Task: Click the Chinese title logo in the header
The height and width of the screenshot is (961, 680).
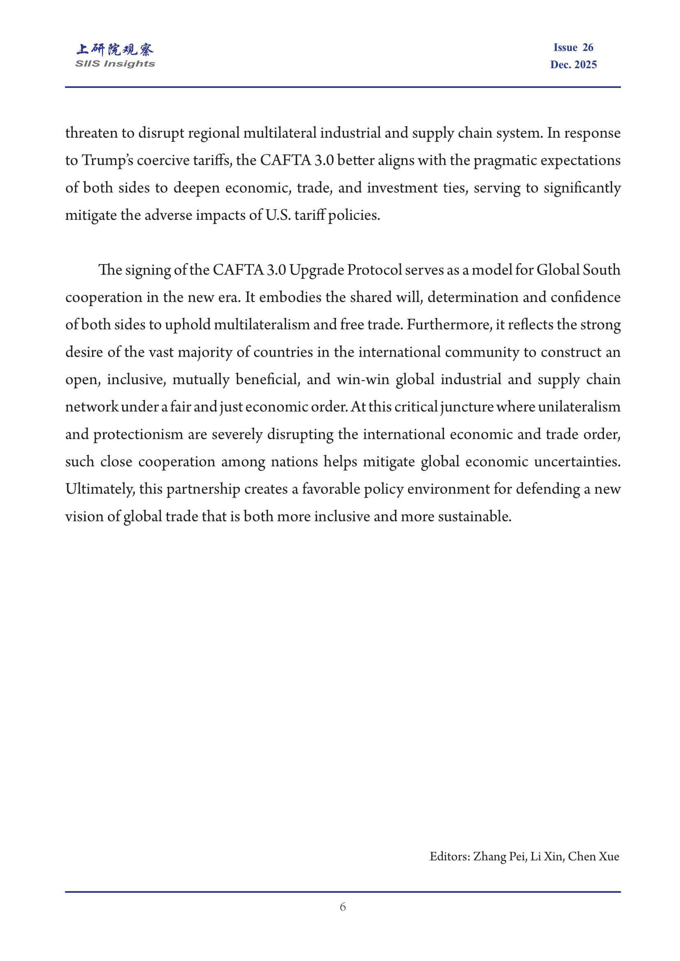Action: pyautogui.click(x=115, y=49)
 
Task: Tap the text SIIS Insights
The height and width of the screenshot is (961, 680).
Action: pyautogui.click(x=115, y=64)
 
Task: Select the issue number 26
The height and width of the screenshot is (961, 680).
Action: pyautogui.click(x=587, y=47)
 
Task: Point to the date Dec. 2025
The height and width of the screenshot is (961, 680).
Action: pyautogui.click(x=573, y=65)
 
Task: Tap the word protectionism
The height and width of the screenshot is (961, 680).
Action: pyautogui.click(x=138, y=434)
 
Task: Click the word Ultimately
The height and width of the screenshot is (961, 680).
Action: pyautogui.click(x=100, y=489)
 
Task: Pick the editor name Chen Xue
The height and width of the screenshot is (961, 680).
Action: pyautogui.click(x=593, y=856)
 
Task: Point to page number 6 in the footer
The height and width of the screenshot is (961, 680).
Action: pyautogui.click(x=342, y=907)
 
